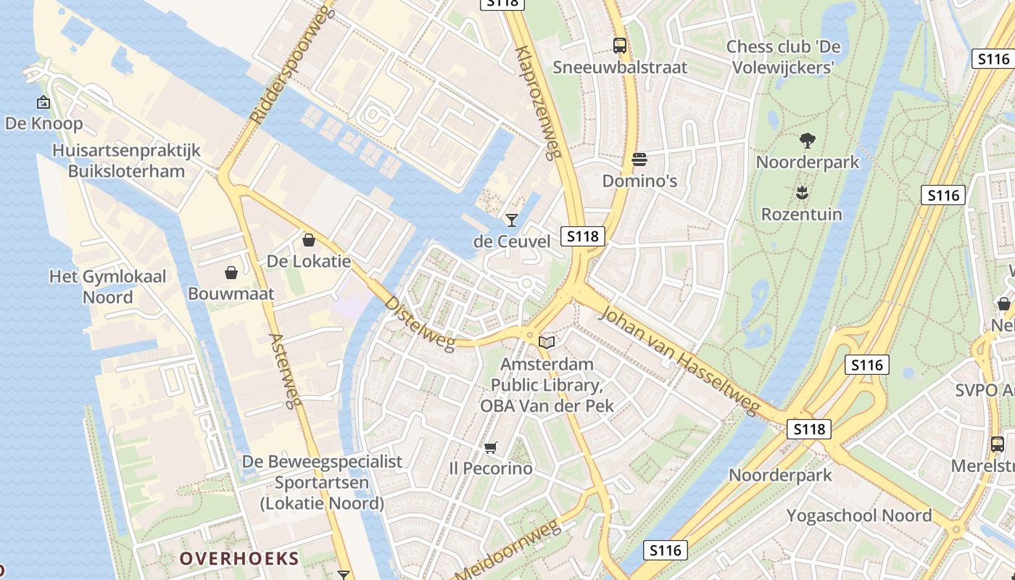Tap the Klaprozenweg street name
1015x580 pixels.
coord(538,101)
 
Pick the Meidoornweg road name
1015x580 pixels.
coord(508,550)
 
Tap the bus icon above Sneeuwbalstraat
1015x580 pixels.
coord(620,46)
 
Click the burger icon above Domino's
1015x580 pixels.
coord(639,159)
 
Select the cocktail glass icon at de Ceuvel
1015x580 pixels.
coord(512,220)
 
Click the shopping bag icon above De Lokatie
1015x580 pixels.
coord(309,240)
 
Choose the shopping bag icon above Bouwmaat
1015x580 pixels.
coord(231,273)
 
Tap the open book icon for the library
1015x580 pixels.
coord(547,342)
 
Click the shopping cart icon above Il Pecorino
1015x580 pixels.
coord(491,447)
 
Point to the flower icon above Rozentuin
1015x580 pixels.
coord(801,193)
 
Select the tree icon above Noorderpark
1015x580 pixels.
coord(807,140)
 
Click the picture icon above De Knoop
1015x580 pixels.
coord(43,102)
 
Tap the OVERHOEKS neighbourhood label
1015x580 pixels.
coord(239,558)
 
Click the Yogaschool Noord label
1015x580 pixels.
coord(859,515)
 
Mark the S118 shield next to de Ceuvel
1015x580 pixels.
coord(583,236)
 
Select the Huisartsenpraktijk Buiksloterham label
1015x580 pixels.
coord(126,161)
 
